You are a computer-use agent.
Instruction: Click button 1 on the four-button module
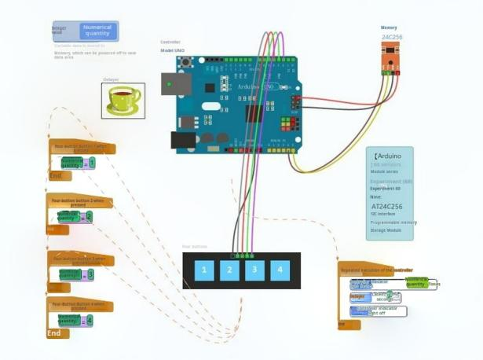tap(204, 270)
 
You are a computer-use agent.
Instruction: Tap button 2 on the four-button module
tap(229, 270)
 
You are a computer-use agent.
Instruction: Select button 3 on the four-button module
tap(254, 270)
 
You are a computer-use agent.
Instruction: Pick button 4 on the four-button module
tap(280, 270)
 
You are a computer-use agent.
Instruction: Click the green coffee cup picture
tap(123, 100)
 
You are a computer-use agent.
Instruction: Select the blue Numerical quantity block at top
tap(97, 31)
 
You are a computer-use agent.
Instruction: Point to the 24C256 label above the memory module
tap(392, 37)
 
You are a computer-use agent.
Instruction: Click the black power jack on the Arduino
tap(184, 140)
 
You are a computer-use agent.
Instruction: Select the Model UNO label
tap(173, 50)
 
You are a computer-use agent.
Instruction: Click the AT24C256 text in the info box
tap(386, 207)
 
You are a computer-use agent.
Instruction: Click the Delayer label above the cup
tap(111, 79)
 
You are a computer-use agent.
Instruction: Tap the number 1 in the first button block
tap(92, 163)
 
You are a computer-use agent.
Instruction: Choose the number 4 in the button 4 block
tap(90, 320)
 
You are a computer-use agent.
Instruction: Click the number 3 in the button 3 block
tap(90, 274)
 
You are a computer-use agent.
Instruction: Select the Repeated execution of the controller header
tap(377, 270)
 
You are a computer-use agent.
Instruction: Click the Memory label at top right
tap(389, 28)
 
